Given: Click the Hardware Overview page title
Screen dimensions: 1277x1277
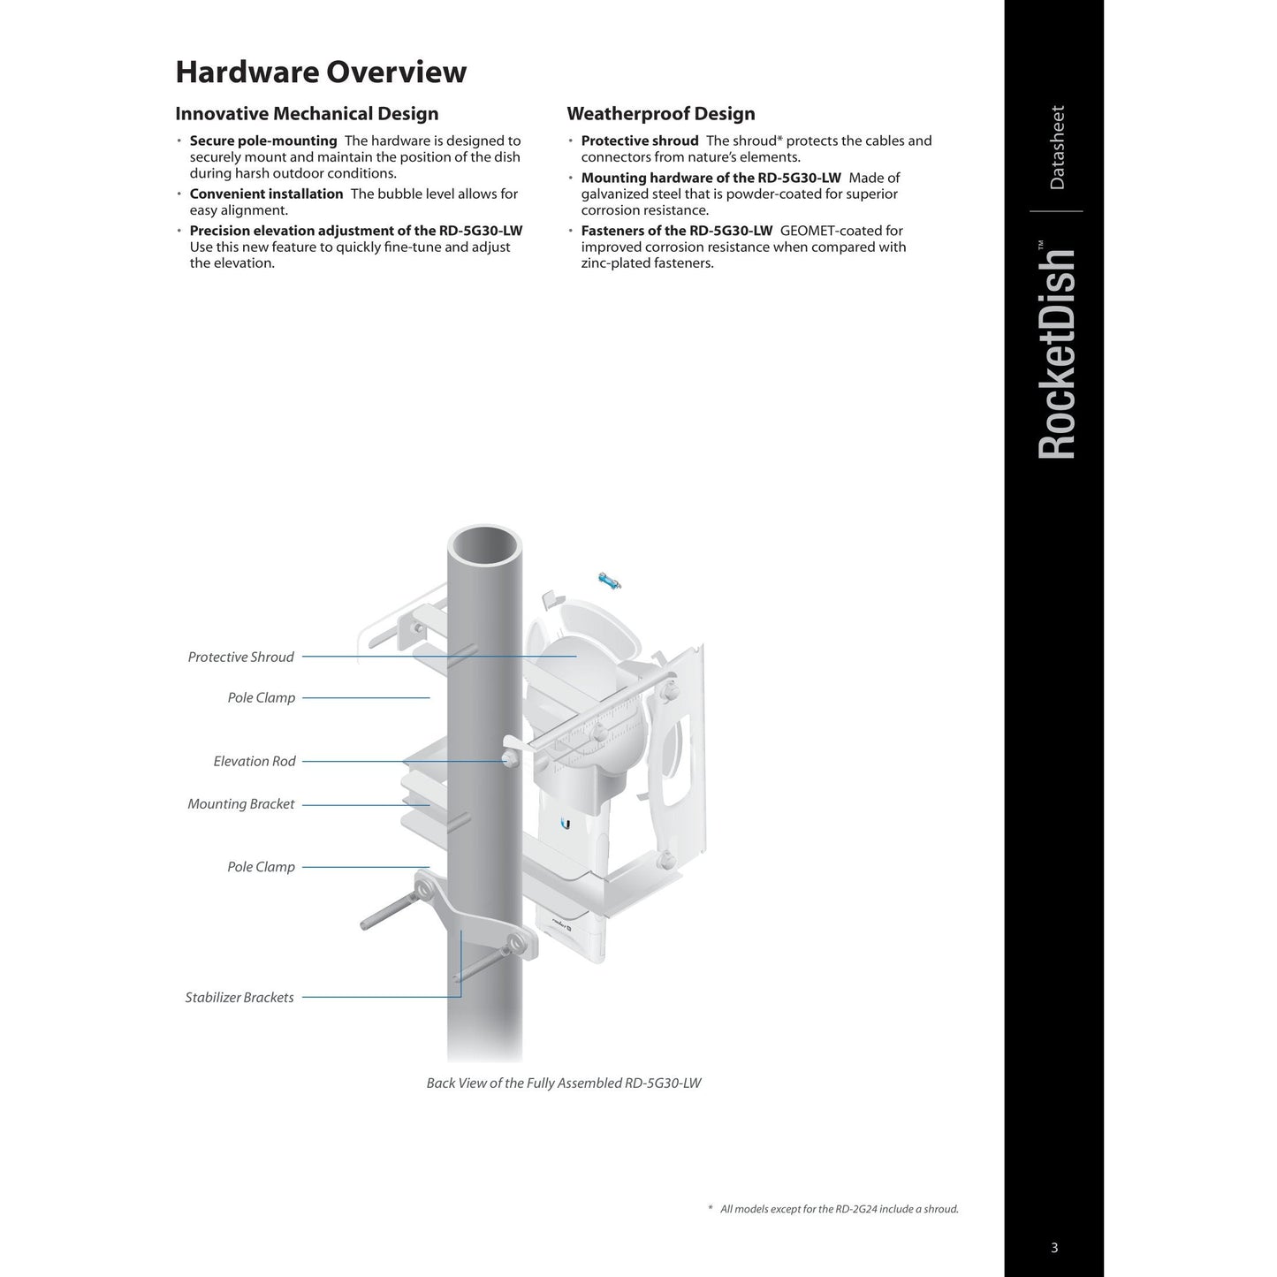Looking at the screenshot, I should coord(321,72).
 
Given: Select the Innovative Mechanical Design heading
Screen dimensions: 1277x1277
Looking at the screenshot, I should coord(307,114).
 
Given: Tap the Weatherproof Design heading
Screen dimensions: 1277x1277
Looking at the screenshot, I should coord(661,114).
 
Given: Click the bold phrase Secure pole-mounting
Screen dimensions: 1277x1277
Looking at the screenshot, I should coord(263,141).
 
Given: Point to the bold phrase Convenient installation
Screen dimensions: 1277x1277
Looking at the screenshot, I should coord(266,194).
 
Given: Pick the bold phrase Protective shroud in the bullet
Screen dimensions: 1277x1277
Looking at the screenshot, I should coord(640,141).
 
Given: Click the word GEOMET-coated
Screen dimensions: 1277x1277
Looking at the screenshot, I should coord(841,231).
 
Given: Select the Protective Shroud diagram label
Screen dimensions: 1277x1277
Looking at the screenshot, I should coord(240,657).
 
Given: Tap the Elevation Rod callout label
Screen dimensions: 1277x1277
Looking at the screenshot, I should coord(255,761).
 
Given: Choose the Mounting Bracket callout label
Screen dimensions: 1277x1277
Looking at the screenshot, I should coord(241,804).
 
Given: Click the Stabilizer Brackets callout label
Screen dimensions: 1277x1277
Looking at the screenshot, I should coord(239,998).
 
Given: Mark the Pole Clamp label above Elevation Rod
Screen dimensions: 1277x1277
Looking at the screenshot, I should coord(262,697).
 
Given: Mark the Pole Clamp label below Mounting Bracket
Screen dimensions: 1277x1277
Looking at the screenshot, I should coord(262,867).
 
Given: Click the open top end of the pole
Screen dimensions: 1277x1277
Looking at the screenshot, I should coord(484,545).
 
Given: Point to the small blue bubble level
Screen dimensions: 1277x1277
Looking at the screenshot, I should coord(610,581).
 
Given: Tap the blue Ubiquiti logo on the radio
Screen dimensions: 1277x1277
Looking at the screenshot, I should coord(566,824).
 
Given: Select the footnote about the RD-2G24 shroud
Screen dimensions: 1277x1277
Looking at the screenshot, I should coord(838,1209).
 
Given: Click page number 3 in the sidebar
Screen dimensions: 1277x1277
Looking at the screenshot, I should coord(1054,1248).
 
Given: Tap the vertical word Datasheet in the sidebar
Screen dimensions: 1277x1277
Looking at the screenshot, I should coord(1057,148).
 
